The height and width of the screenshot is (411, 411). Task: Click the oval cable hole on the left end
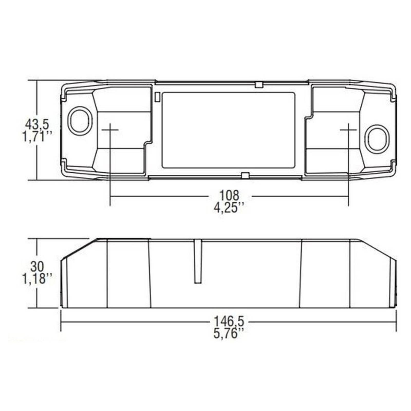[x=80, y=121]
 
